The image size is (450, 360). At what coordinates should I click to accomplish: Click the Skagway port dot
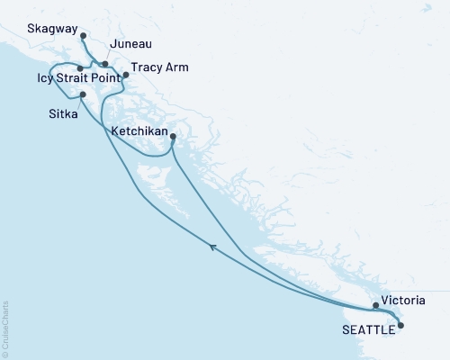click(83, 36)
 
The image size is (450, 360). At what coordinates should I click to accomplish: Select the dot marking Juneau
click(105, 64)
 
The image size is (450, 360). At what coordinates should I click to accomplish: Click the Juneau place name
click(128, 43)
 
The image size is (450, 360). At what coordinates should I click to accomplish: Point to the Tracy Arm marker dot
click(126, 75)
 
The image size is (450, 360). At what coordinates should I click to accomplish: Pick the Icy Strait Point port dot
click(80, 68)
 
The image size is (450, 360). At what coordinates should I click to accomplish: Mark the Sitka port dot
click(82, 94)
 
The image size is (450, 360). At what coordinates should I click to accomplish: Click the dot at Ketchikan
click(173, 137)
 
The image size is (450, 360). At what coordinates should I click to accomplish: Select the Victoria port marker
click(376, 305)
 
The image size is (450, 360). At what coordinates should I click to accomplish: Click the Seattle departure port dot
click(400, 325)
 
